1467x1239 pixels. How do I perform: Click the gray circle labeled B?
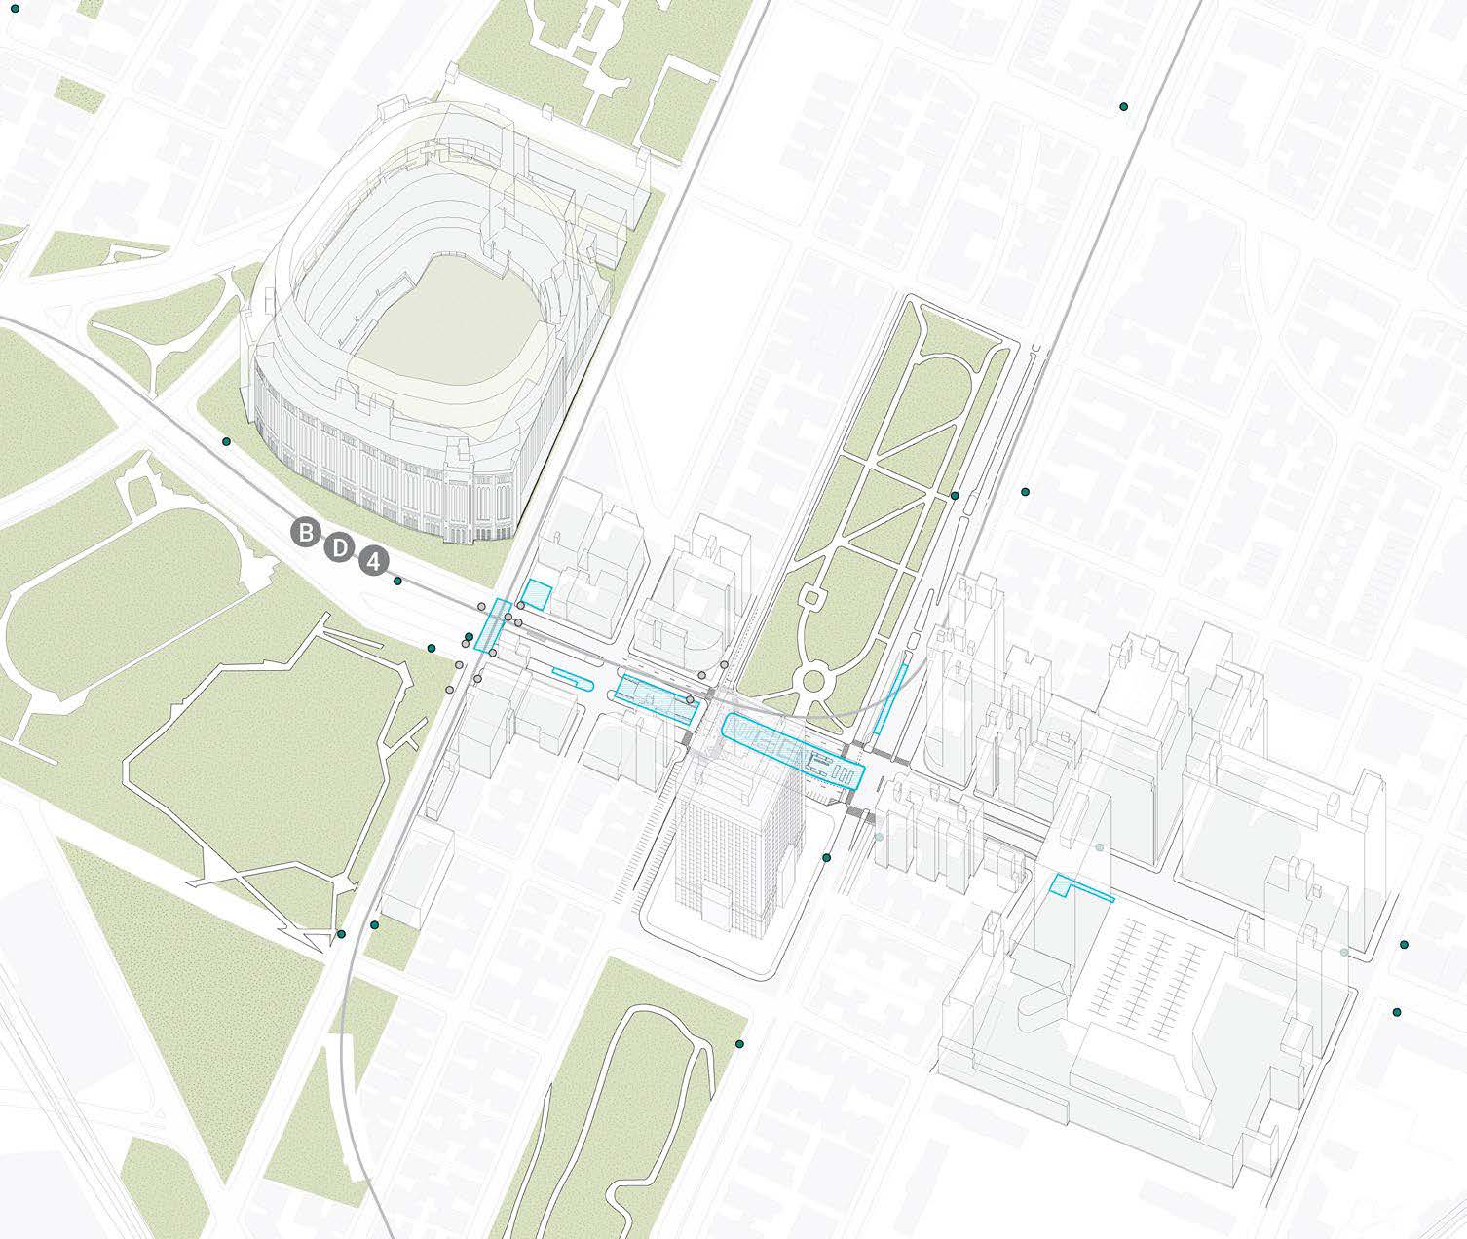coord(305,533)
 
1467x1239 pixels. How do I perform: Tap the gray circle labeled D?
coord(339,547)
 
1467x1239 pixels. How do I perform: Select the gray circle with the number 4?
coord(372,562)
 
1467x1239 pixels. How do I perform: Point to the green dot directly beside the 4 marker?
coord(397,581)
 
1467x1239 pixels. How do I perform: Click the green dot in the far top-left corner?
coord(14,8)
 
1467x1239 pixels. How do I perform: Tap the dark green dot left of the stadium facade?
coord(226,441)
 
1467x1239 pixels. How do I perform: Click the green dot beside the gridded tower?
coord(827,858)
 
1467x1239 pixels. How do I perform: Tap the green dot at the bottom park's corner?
coord(739,1044)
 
